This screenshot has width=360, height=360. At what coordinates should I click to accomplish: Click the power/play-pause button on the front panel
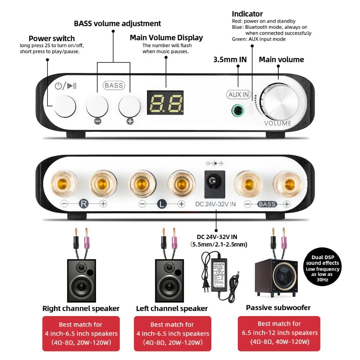(65, 107)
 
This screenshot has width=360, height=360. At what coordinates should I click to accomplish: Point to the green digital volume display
(165, 103)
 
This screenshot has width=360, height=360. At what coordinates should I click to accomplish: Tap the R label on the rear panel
(84, 204)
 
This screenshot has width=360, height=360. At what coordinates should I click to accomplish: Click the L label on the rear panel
(162, 204)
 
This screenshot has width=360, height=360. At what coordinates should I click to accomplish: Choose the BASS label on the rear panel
(267, 204)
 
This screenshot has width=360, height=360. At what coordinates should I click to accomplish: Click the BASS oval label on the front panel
(114, 85)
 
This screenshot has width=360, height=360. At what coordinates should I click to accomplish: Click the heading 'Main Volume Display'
(166, 38)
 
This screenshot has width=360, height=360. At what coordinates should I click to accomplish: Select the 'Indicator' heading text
(247, 14)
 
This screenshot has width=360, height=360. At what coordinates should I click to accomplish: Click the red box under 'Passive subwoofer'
(279, 333)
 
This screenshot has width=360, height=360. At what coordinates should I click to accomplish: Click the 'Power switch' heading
(52, 39)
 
